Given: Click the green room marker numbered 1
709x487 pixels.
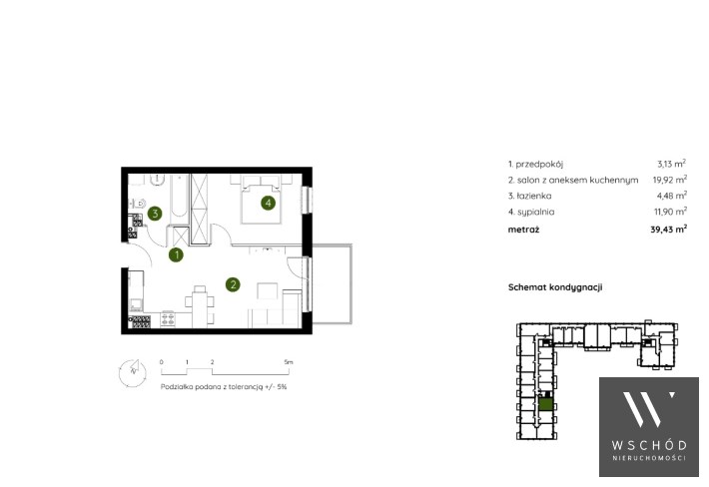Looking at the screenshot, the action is click(x=177, y=255).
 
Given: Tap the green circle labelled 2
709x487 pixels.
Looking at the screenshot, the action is click(x=233, y=284).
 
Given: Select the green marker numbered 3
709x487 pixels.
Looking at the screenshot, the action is click(x=155, y=214).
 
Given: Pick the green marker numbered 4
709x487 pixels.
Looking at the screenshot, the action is click(x=269, y=204).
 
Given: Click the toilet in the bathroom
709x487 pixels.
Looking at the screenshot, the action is click(x=139, y=203).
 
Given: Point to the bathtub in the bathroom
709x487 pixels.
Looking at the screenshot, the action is click(x=179, y=196).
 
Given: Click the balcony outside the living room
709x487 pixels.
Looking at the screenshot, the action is click(x=332, y=283).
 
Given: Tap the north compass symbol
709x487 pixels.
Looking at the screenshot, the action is click(x=133, y=372).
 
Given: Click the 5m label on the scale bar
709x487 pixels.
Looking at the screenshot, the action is click(x=289, y=362).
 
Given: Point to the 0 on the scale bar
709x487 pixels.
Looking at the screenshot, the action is click(x=162, y=362).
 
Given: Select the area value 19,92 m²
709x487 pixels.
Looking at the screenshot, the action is click(x=670, y=180).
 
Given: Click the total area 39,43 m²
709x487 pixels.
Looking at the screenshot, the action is click(x=669, y=230).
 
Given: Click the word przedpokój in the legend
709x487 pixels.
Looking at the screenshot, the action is click(x=539, y=165).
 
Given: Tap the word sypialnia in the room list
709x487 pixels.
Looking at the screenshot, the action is click(x=536, y=212).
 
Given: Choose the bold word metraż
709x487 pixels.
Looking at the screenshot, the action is click(x=523, y=230).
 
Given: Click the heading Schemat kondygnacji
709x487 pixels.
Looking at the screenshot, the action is click(x=555, y=287).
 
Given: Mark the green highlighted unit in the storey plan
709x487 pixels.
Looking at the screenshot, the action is click(x=546, y=404).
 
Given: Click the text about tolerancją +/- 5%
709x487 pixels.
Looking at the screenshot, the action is click(x=224, y=387).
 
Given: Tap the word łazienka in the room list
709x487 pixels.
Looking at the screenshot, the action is click(x=534, y=196).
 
